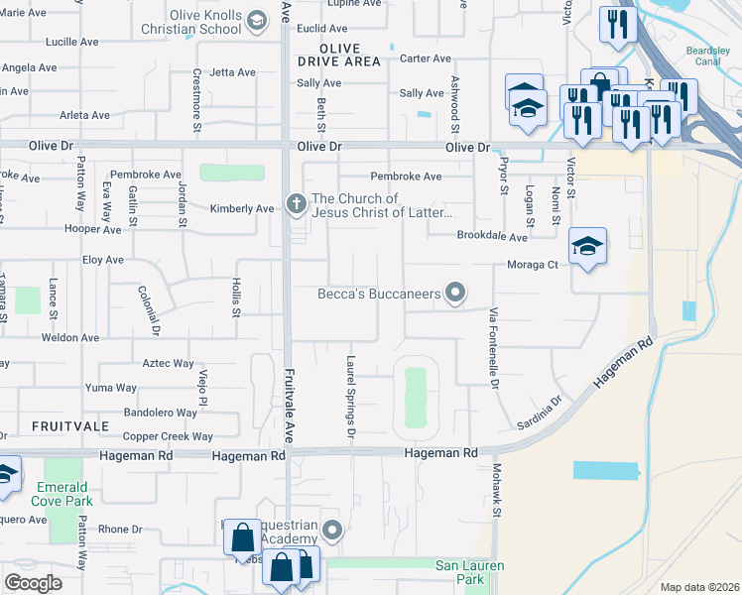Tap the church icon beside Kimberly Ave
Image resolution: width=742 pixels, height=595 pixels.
point(296,204)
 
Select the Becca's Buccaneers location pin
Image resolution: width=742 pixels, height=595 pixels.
point(455,292)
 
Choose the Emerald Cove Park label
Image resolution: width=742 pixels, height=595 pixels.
point(64,494)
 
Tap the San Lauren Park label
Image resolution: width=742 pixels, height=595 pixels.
point(471,573)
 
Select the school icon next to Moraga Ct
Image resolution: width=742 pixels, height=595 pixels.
point(587,247)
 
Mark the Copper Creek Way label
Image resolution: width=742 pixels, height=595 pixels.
point(168,436)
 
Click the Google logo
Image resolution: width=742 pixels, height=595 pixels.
point(33,583)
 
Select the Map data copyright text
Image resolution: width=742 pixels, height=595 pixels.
point(698,587)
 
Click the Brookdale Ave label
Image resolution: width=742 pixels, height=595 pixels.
point(492,237)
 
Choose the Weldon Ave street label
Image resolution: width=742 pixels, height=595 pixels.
point(70,338)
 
